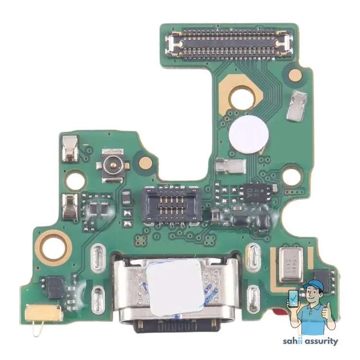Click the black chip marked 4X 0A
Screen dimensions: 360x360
(x=256, y=193)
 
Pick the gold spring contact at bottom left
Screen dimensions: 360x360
(x=45, y=312)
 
